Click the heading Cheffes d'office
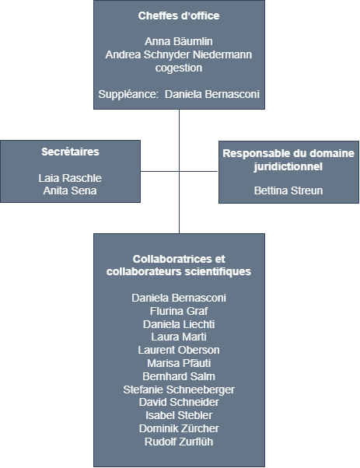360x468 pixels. [179, 16]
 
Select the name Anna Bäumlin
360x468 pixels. [179, 41]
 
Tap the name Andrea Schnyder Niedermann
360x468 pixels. [179, 54]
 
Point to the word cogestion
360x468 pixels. [179, 68]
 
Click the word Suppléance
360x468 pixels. [128, 94]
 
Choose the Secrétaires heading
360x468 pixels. [70, 152]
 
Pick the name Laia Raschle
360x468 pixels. [70, 178]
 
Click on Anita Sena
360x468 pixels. [70, 190]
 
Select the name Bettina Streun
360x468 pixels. [288, 190]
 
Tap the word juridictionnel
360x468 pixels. [288, 166]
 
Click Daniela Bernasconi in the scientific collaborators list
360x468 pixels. [179, 298]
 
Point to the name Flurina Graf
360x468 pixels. [179, 311]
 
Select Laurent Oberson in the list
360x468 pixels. [179, 350]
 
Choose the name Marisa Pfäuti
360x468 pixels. [179, 363]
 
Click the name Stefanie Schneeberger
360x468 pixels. [179, 389]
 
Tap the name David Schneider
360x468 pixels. [179, 403]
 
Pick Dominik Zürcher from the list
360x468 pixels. [179, 428]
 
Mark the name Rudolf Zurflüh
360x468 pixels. [179, 442]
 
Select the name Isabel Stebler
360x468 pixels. [179, 415]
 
